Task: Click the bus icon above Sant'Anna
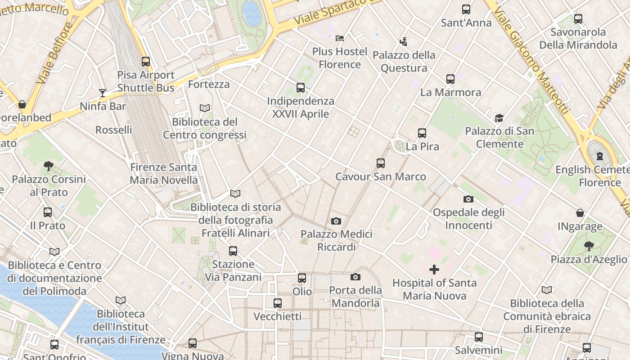point(466,9)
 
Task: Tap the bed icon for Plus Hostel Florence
point(340,38)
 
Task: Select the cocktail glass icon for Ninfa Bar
point(103,93)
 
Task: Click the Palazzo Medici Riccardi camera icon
point(336,221)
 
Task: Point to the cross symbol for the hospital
point(434,270)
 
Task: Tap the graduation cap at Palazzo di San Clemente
point(499,118)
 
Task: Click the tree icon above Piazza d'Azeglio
point(589,246)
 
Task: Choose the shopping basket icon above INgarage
point(580,212)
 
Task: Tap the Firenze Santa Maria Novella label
point(164,174)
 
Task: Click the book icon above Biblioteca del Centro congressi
point(205,108)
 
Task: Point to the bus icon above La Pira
point(422,133)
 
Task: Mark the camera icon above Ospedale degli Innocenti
point(468,199)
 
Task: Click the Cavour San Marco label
point(381,176)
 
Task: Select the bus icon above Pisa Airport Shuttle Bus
point(146,62)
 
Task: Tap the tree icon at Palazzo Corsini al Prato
point(49,166)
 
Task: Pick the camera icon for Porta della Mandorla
point(355,277)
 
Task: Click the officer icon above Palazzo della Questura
point(403,42)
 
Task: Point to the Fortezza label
point(209,84)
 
